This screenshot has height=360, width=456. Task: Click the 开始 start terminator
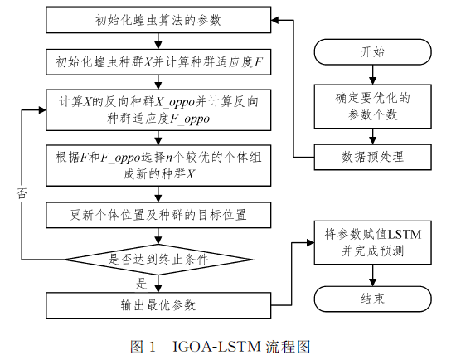point(372,52)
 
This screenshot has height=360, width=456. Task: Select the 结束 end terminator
point(372,299)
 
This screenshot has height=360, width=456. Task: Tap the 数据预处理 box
point(372,157)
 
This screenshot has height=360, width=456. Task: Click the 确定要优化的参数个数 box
point(372,106)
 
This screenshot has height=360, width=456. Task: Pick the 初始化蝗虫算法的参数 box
point(158,20)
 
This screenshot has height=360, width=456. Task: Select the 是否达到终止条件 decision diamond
point(158,260)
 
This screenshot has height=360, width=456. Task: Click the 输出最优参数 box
point(158,305)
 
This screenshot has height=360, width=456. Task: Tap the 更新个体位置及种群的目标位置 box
point(158,215)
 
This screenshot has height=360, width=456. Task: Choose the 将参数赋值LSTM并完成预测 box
point(372,242)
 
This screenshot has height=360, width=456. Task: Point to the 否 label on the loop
point(22,193)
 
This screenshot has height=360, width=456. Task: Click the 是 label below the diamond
point(141,283)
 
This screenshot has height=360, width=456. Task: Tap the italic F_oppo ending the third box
point(189,119)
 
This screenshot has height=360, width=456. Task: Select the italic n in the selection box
point(168,158)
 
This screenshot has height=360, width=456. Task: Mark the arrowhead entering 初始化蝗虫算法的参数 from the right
point(275,20)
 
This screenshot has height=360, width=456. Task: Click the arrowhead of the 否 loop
point(42,109)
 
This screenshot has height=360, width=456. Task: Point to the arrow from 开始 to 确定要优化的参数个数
point(372,75)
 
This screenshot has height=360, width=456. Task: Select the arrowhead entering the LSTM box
point(311,242)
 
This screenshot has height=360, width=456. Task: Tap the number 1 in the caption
point(152,347)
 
